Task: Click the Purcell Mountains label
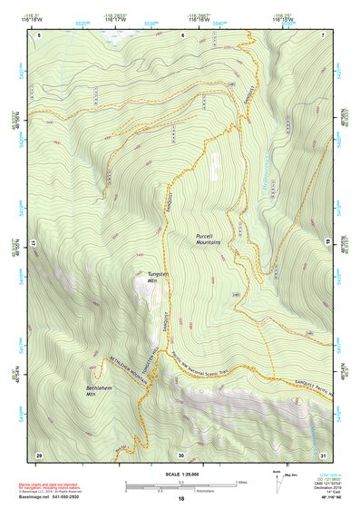point(209,239)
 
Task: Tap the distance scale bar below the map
point(180,485)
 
